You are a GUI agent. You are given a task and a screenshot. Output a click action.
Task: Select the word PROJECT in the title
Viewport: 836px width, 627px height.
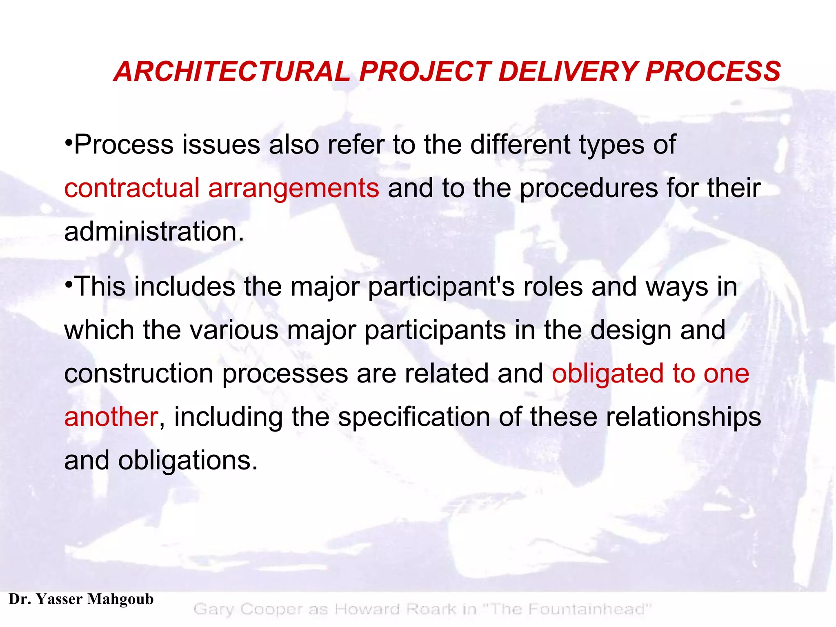pyautogui.click(x=425, y=71)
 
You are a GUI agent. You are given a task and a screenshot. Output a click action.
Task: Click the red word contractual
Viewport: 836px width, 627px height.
pyautogui.click(x=131, y=188)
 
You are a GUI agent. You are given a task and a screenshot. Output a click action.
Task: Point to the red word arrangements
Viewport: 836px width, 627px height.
pyautogui.click(x=293, y=189)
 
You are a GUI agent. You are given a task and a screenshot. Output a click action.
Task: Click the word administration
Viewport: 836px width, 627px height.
pyautogui.click(x=154, y=231)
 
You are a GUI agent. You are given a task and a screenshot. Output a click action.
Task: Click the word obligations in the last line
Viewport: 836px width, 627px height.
pyautogui.click(x=188, y=461)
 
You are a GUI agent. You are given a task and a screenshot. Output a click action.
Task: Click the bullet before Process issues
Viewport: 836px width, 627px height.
pyautogui.click(x=69, y=144)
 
